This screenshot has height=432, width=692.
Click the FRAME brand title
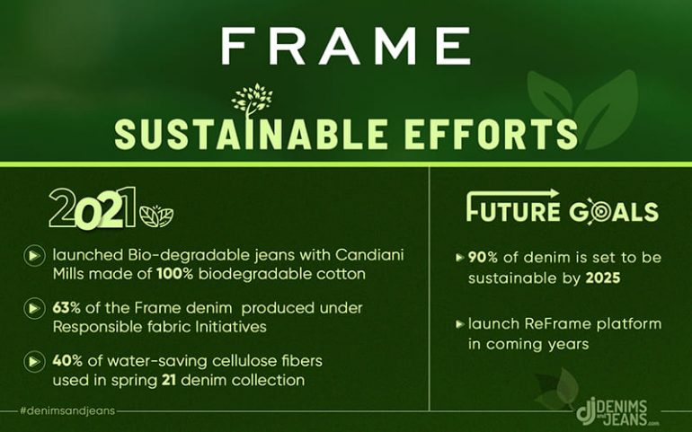click(x=346, y=46)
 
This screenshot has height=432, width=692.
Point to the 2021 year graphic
click(x=93, y=208)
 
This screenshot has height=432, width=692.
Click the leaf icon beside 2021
click(x=156, y=216)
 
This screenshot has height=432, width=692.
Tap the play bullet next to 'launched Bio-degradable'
click(x=34, y=255)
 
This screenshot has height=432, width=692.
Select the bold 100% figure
click(x=174, y=274)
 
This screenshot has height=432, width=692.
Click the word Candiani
click(x=369, y=255)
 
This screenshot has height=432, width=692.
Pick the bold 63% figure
click(x=67, y=307)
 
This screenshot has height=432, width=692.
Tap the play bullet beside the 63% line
click(x=34, y=308)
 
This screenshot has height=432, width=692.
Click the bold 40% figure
click(x=67, y=360)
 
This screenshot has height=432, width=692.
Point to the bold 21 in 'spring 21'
click(x=169, y=380)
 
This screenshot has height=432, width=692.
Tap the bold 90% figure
click(x=483, y=257)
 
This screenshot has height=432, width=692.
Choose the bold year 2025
click(x=603, y=278)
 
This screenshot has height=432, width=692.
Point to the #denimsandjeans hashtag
click(x=67, y=410)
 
